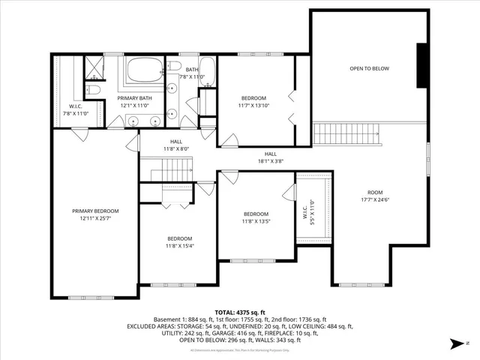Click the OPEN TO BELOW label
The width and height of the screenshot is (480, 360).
369,69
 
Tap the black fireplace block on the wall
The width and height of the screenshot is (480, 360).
422,67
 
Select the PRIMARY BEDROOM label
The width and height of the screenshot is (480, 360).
95,211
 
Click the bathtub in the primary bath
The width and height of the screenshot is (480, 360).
142,71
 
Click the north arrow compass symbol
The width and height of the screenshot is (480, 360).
455,344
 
